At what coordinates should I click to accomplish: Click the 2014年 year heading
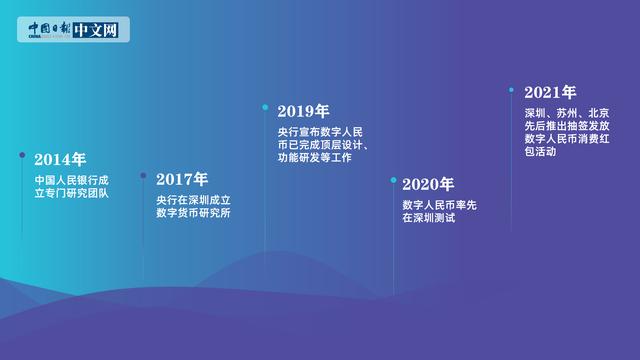60,159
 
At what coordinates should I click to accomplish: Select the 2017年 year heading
182,179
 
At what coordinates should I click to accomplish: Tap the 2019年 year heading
304,111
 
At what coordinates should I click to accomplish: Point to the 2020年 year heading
428,184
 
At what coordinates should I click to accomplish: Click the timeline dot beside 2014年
22,155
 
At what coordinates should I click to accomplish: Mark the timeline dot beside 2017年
143,176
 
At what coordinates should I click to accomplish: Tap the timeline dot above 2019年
265,106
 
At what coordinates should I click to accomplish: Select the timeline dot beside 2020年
393,180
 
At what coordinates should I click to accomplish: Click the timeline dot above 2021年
512,89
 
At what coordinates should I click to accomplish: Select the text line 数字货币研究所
193,214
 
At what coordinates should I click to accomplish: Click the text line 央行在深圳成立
193,200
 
